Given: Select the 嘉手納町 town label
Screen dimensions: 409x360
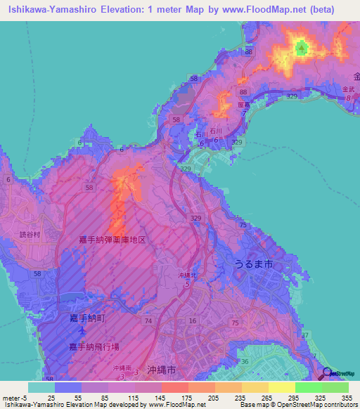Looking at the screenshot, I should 86,318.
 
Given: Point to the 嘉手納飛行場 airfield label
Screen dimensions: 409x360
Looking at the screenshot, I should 94,347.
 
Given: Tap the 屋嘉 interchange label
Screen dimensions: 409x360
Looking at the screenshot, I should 244,106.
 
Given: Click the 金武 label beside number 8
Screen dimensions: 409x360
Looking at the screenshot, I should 349,89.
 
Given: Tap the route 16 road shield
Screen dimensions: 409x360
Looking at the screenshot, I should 192,320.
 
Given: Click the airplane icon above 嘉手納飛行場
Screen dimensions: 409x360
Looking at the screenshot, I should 82,330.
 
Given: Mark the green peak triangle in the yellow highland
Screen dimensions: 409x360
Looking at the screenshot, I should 302,48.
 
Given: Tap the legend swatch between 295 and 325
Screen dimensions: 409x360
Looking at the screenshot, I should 308,387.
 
